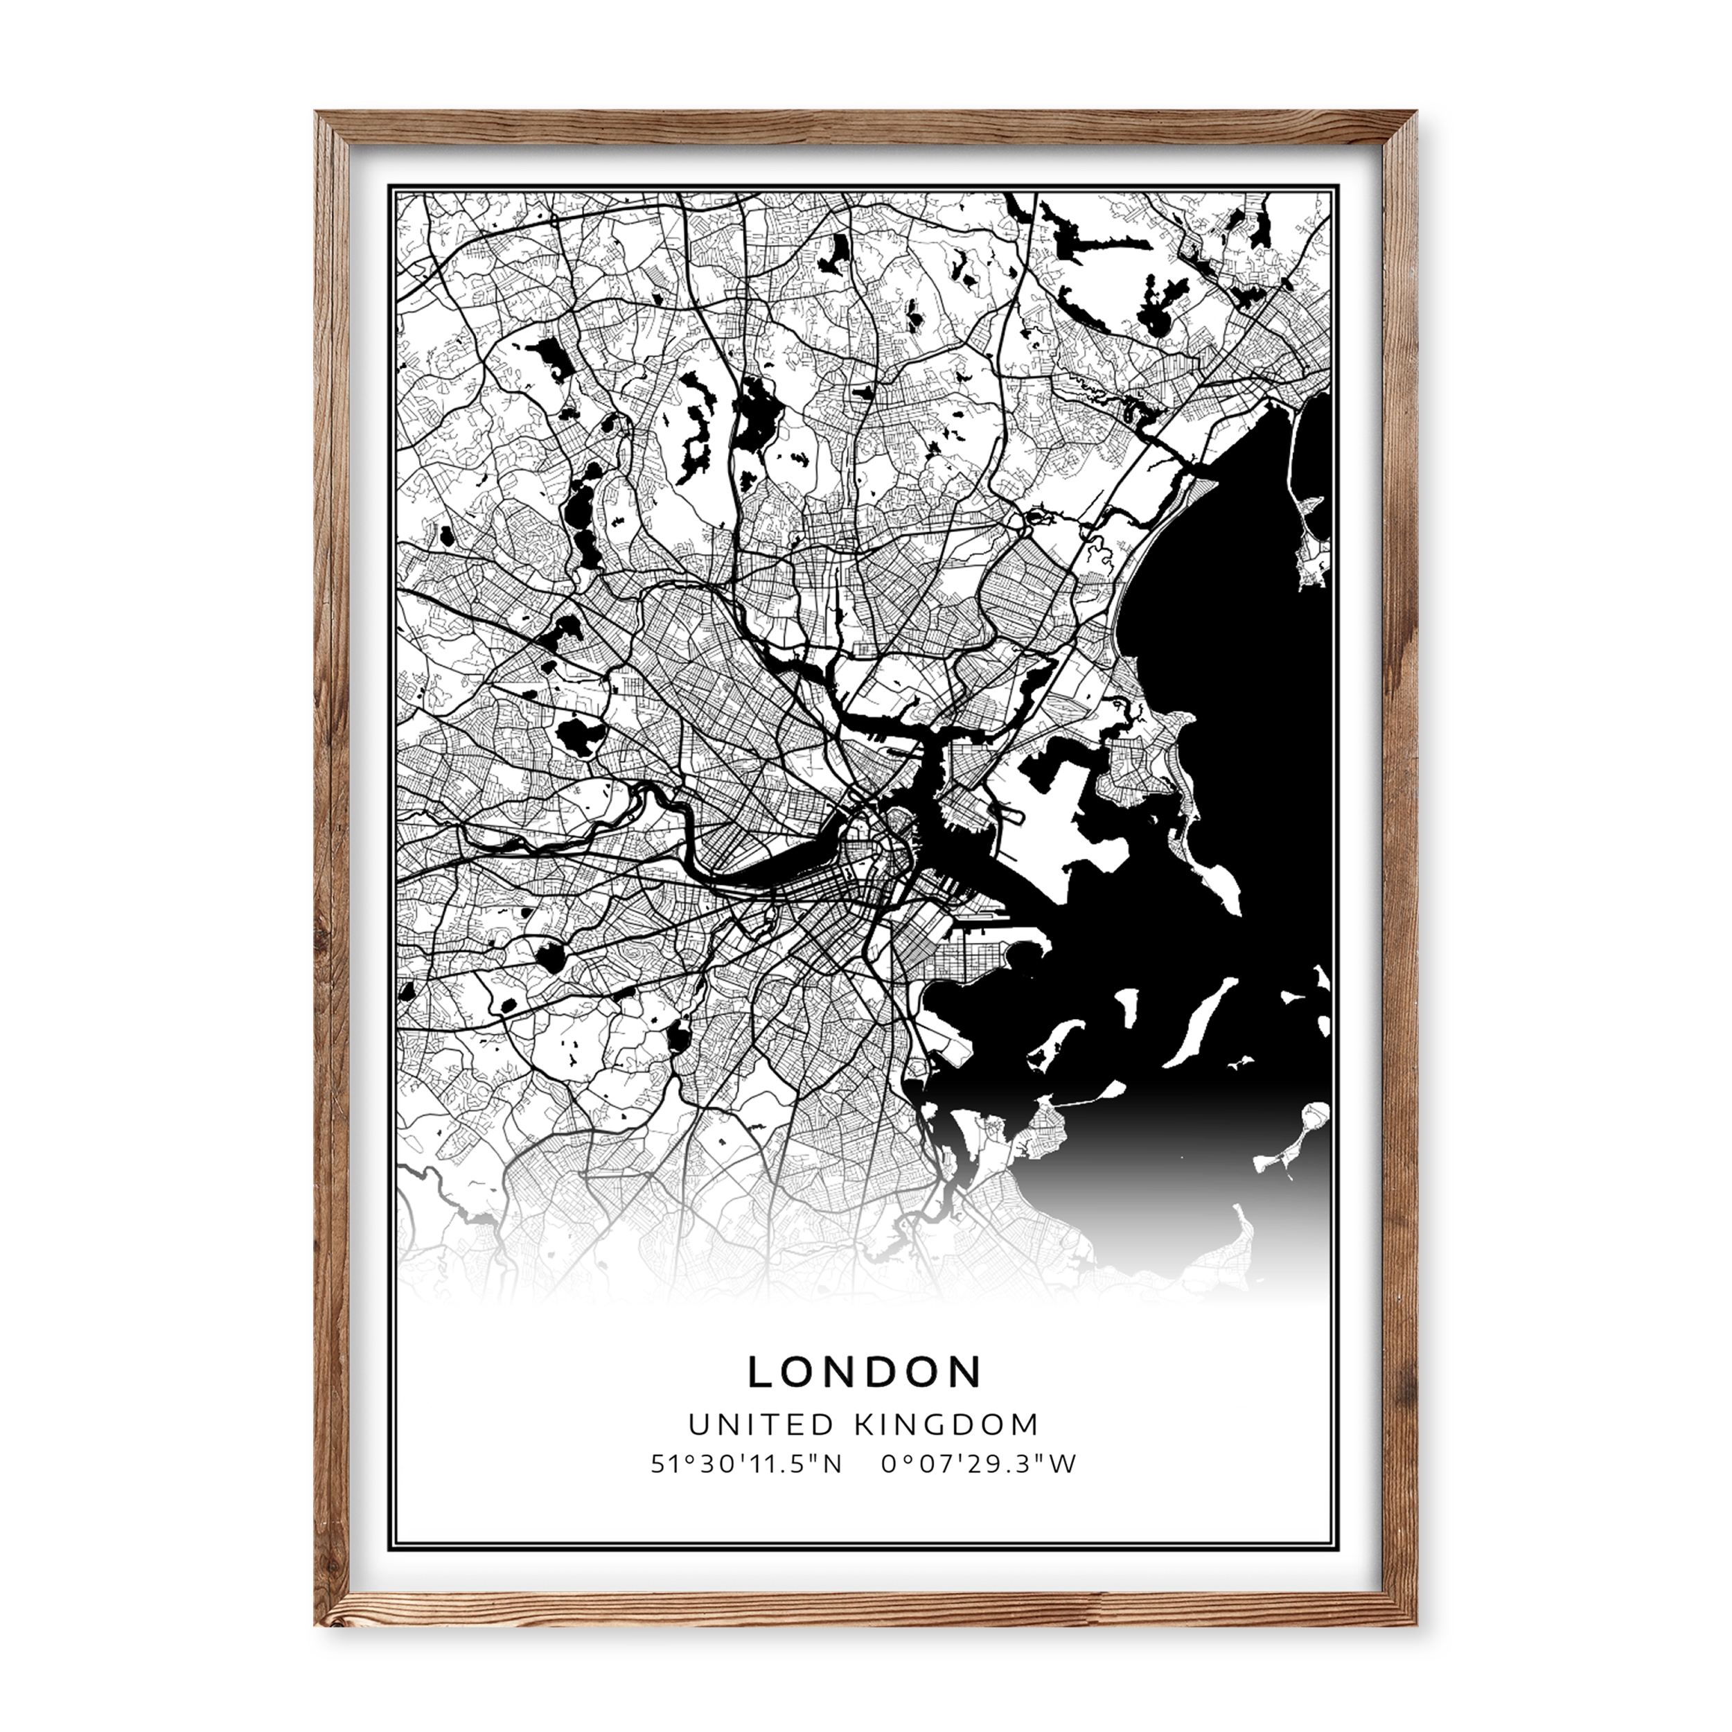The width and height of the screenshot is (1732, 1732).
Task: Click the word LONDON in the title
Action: pyautogui.click(x=865, y=1372)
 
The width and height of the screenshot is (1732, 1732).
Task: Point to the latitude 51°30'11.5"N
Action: pyautogui.click(x=746, y=1464)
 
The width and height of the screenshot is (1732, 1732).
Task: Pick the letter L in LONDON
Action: pyautogui.click(x=760, y=1372)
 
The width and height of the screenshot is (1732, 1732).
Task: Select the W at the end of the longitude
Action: pyautogui.click(x=1063, y=1464)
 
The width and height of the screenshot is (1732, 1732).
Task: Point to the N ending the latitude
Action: pyautogui.click(x=833, y=1464)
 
